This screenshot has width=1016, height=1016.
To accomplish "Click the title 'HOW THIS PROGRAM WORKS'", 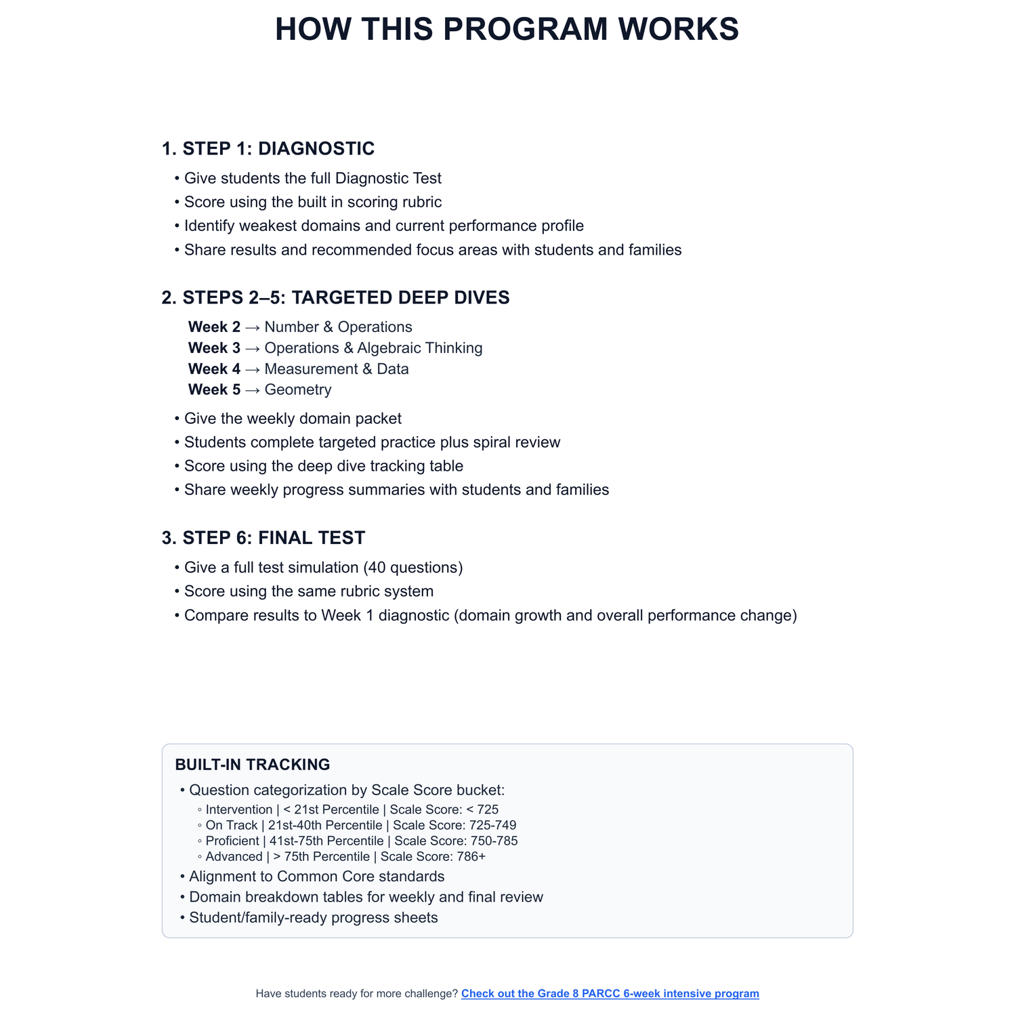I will tap(507, 30).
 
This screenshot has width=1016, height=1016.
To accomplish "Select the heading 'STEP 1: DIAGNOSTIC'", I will tap(268, 148).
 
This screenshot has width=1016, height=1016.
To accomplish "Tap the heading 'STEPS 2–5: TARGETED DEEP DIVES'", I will tap(336, 297).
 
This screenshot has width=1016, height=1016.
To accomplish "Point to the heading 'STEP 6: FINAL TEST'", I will tap(263, 538).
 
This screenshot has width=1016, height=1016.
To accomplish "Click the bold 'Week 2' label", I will tap(214, 327).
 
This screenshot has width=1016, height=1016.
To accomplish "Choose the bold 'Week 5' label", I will tap(214, 389).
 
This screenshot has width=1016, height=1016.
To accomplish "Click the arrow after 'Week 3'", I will tap(253, 348).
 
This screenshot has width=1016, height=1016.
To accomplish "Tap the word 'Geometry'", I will tap(298, 389).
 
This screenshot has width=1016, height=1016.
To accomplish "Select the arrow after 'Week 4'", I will tap(253, 369).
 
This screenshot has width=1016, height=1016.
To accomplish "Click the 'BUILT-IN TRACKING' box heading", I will tap(253, 765).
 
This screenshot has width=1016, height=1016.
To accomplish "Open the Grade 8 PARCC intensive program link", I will tap(610, 994).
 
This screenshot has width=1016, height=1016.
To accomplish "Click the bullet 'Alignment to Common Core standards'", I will tap(317, 876).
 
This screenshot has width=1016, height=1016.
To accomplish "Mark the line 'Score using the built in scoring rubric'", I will tap(313, 202).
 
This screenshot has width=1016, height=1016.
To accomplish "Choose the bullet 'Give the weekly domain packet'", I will tap(293, 419).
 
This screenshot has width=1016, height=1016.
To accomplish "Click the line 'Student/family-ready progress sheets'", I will tap(314, 918).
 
